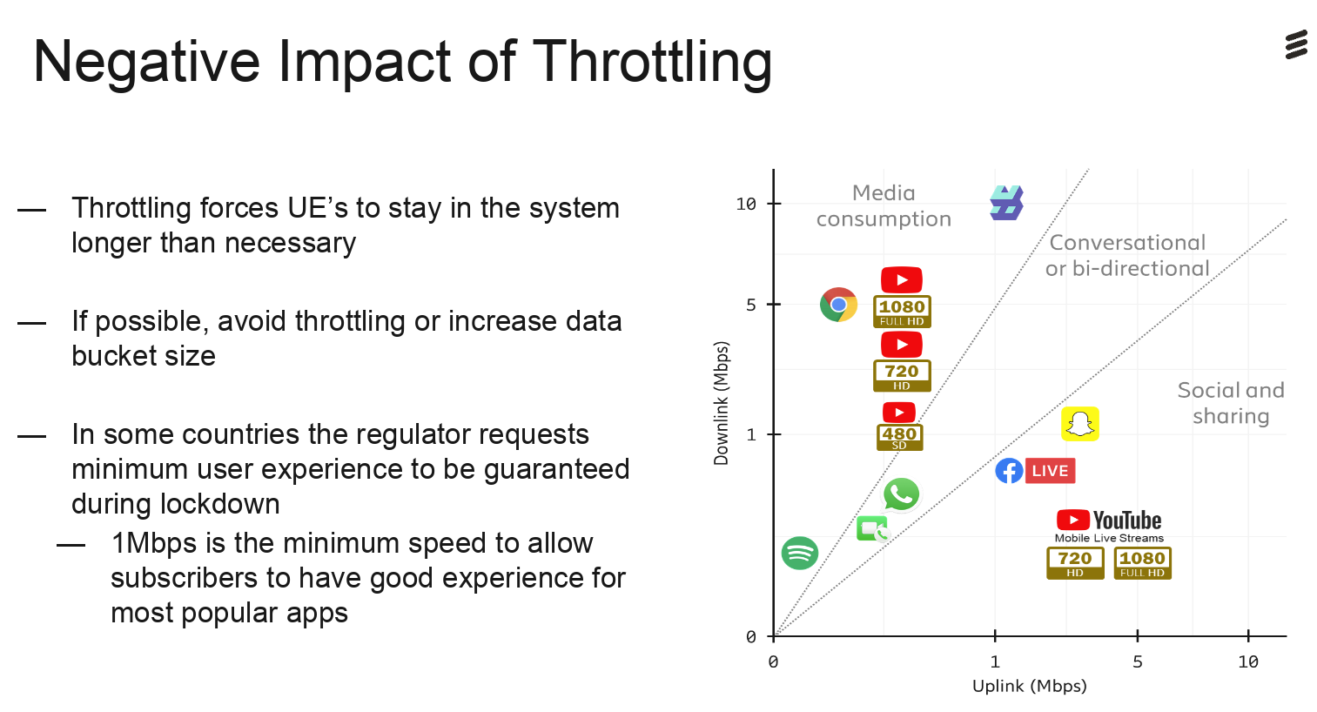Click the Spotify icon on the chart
click(x=800, y=554)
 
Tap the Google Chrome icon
click(x=838, y=305)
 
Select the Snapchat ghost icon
click(x=1080, y=424)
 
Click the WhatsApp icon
click(x=901, y=494)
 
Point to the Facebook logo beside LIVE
click(x=1009, y=471)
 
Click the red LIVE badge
click(x=1050, y=471)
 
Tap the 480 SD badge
click(x=899, y=438)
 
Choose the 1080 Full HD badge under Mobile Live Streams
click(x=1142, y=563)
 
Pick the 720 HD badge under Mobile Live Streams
click(x=1075, y=563)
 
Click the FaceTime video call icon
click(x=872, y=528)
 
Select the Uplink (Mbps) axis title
click(x=1030, y=686)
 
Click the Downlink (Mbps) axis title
click(x=722, y=403)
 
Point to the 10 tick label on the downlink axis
click(x=745, y=204)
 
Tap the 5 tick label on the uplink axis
click(x=1138, y=662)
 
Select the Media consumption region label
click(x=884, y=205)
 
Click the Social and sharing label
click(x=1231, y=403)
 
